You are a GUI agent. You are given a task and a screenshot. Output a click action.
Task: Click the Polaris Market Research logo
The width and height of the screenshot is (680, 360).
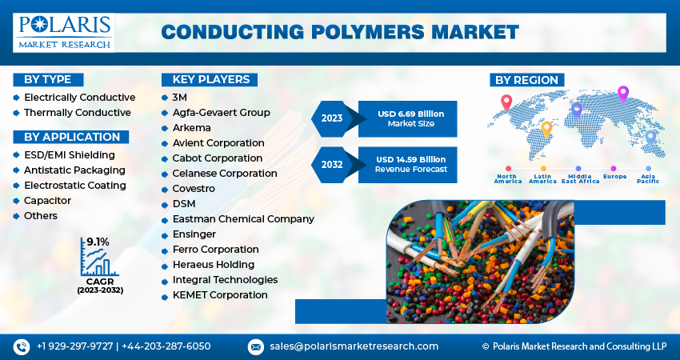point(63,31)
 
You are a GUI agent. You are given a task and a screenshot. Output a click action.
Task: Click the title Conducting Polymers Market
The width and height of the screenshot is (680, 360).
point(340,32)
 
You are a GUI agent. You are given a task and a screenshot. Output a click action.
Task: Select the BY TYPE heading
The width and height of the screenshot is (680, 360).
point(47,79)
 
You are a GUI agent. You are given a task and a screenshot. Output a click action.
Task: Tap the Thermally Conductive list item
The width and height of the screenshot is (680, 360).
point(77,113)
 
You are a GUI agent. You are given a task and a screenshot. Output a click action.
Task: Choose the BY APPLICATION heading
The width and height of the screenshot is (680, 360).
point(71,137)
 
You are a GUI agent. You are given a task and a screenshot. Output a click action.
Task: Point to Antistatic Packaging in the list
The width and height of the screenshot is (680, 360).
point(74,170)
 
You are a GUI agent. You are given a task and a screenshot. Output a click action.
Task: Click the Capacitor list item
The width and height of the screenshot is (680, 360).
point(47,201)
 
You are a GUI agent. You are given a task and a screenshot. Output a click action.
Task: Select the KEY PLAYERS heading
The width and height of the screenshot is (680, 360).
point(210,79)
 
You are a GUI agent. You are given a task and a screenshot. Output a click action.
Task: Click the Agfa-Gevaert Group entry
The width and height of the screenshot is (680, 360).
point(221,113)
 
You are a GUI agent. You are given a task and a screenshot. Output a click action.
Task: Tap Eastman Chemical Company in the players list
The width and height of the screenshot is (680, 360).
point(243,219)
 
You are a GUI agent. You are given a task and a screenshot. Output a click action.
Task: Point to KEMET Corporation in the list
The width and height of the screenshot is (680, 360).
point(220,295)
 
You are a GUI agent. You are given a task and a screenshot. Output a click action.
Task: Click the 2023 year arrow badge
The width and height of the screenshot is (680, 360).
point(332,118)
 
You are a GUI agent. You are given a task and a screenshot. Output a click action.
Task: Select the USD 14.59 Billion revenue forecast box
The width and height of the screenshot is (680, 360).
point(410,164)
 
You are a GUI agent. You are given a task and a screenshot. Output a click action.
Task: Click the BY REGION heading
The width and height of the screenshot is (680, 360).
point(526,80)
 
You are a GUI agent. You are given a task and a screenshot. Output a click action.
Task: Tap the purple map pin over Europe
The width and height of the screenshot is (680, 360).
point(623,93)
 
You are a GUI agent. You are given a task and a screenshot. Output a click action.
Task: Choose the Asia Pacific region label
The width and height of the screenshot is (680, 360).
point(648,178)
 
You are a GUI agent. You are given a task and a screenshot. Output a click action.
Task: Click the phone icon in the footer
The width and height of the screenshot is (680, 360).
point(21,346)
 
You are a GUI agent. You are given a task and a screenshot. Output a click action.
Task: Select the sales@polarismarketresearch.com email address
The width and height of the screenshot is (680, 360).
point(353,346)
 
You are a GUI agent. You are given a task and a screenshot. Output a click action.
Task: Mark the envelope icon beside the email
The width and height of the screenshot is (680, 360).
point(256,346)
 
